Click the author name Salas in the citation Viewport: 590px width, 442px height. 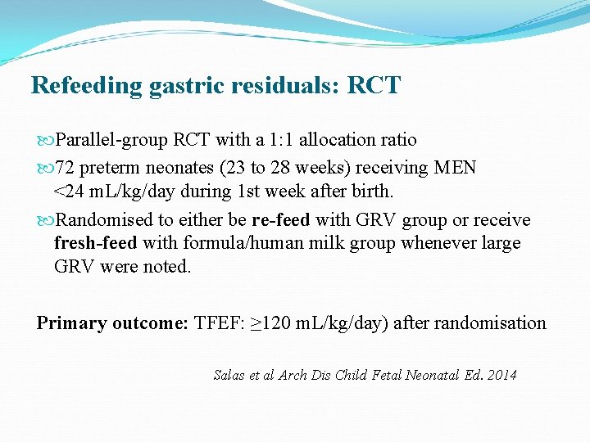(x=231, y=376)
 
